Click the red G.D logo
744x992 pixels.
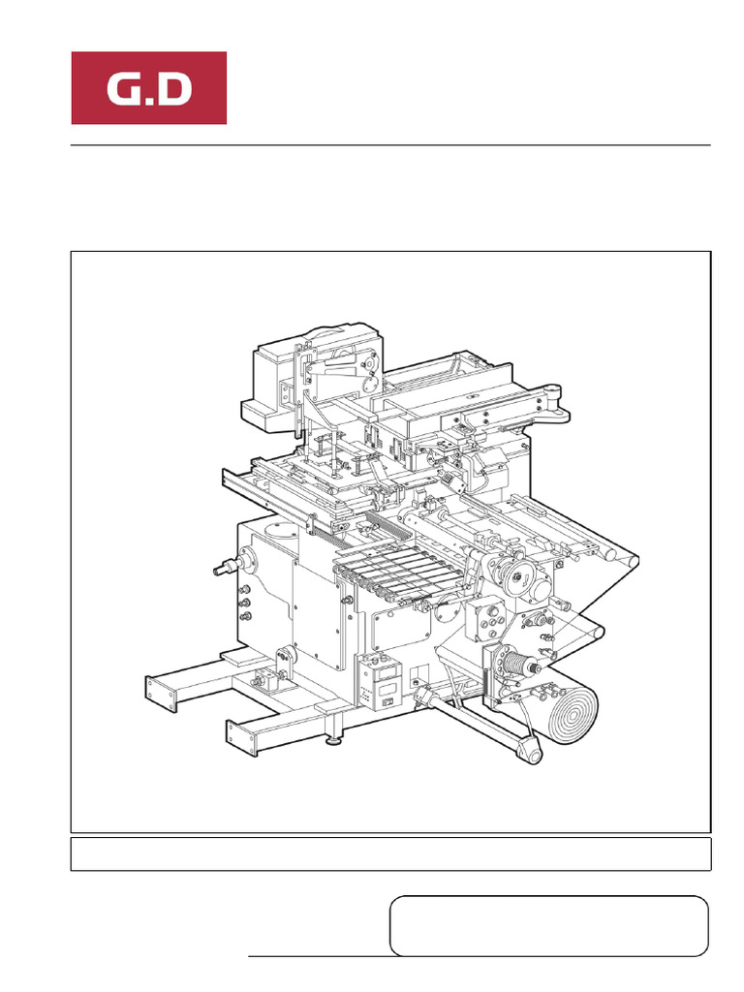click(x=148, y=88)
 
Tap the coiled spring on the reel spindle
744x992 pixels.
click(x=518, y=667)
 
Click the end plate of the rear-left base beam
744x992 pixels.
click(x=152, y=691)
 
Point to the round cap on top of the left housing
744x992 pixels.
click(x=280, y=530)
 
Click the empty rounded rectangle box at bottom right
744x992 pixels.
click(x=548, y=926)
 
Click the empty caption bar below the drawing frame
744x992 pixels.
click(x=390, y=854)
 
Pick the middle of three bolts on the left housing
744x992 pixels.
click(x=244, y=602)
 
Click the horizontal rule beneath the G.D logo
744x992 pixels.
click(x=390, y=145)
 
